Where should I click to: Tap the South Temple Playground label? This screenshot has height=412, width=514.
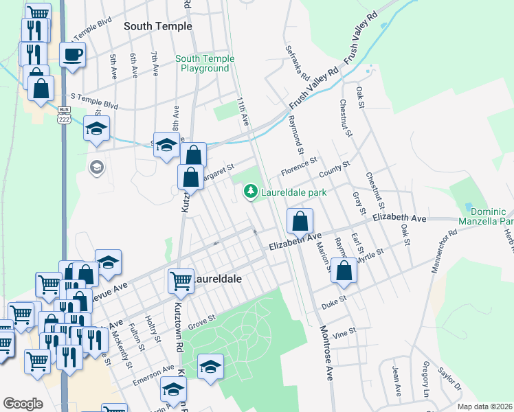pos(204,64)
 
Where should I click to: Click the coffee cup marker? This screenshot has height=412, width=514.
pos(72,54)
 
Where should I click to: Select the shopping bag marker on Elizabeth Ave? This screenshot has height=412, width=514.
pos(300,221)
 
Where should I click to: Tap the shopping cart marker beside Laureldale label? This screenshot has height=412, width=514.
pos(180,279)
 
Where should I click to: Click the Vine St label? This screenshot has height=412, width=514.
pos(344,331)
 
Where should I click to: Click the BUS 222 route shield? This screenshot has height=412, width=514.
pos(63,115)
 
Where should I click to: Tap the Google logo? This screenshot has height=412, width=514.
pos(23,404)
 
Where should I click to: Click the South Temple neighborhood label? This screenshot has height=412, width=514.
pos(157,26)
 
